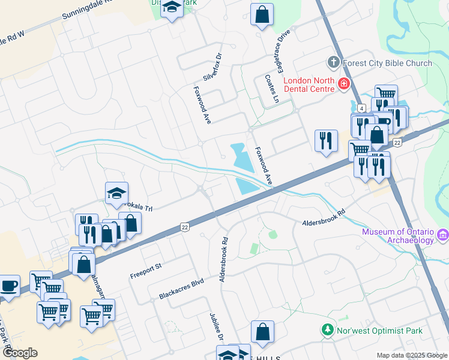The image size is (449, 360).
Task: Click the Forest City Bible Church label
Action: click(387, 63)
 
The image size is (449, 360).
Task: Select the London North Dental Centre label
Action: click(309, 85)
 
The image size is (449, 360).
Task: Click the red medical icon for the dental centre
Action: click(344, 83)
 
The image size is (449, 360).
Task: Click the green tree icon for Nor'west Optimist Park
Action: click(328, 330)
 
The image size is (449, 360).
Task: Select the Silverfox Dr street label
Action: click(212, 67)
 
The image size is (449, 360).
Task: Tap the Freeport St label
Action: click(146, 271)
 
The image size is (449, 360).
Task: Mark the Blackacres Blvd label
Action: click(181, 289)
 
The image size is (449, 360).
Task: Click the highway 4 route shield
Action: click(361, 108)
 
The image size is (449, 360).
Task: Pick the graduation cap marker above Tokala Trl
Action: click(117, 193)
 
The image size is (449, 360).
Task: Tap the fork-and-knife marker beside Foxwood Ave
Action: click(326, 140)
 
